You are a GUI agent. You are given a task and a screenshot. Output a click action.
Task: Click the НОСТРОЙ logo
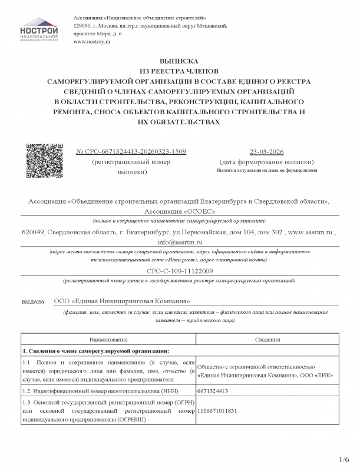tap(39, 31)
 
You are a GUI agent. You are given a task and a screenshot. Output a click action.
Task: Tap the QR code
tap(42, 160)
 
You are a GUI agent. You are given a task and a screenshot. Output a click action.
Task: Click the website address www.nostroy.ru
tap(92, 43)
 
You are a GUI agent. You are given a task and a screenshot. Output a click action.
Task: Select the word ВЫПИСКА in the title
tap(179, 61)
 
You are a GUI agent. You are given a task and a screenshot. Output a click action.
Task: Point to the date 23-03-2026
tap(266, 151)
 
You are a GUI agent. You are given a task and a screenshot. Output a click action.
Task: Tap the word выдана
tap(34, 301)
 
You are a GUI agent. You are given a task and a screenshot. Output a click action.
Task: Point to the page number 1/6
tap(345, 459)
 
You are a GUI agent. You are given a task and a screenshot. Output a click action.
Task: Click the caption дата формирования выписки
tap(266, 161)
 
